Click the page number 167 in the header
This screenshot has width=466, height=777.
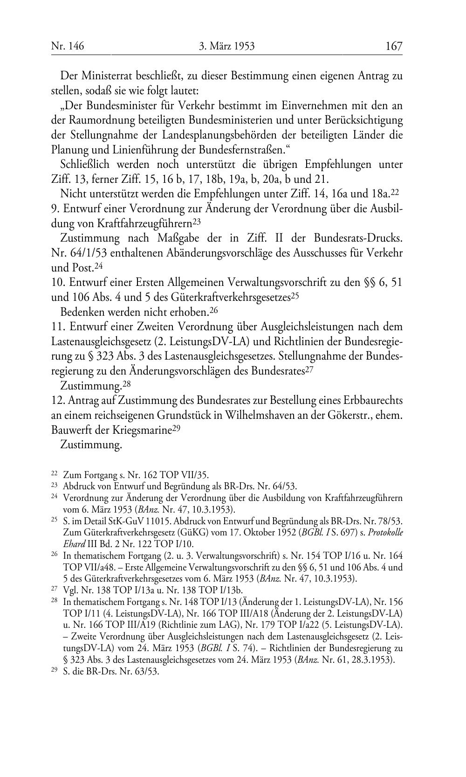(394, 46)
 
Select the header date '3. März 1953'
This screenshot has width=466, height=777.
(227, 46)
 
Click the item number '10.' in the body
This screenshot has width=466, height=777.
(58, 283)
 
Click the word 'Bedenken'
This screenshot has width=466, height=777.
(82, 312)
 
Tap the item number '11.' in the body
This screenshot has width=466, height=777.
(58, 327)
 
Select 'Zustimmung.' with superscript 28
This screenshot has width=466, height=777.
(91, 386)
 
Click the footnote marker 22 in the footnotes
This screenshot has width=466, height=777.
(54, 474)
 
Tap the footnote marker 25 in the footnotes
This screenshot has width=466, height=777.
(54, 520)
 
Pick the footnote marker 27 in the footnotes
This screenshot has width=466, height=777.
(54, 590)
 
